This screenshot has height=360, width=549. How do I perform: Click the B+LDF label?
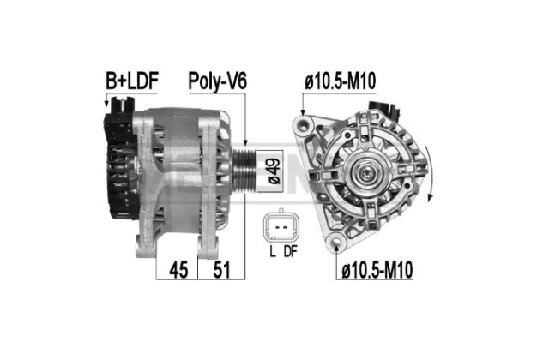(x=132, y=81)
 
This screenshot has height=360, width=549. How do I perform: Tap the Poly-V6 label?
(x=217, y=81)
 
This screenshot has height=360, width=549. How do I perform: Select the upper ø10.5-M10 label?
(x=341, y=81)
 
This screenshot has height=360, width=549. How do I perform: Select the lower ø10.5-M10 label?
(x=377, y=270)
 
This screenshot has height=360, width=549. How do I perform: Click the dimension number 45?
(x=178, y=270)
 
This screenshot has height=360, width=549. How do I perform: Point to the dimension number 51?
(x=221, y=270)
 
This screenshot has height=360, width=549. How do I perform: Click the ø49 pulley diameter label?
(x=274, y=171)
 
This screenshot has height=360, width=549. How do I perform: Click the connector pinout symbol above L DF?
(x=281, y=226)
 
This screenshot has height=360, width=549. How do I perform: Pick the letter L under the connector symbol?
(x=273, y=251)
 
